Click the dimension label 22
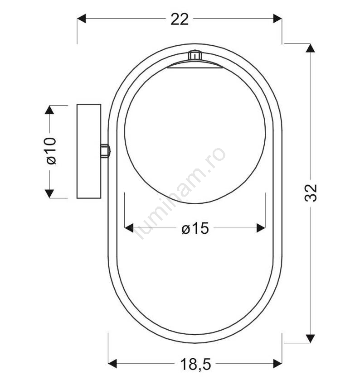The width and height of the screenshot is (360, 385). pos(180,19)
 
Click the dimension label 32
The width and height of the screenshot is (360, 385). pos(311,193)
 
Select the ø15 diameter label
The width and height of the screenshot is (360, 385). pos(195,228)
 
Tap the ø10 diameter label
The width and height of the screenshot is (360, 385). pos(51,151)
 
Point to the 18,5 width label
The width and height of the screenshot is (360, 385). pos(195,364)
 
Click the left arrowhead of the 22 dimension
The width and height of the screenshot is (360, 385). pos(81,19)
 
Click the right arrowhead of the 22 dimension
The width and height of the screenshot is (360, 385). pos(277,19)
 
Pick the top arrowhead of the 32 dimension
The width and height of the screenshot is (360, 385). pos(311,48)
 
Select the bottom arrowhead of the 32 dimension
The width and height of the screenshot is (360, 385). pos(311,339)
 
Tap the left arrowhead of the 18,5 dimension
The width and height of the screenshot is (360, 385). pos(112,363)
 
